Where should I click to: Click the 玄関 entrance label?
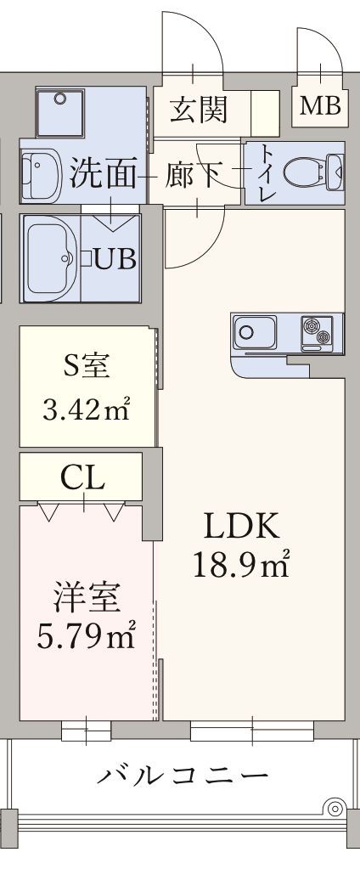(199, 109)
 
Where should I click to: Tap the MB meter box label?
(320, 106)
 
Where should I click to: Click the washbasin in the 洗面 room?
(42, 175)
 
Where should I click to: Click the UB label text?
(115, 259)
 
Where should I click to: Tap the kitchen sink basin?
(255, 332)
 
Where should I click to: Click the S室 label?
(86, 368)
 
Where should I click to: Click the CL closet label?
(83, 477)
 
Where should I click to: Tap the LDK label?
(240, 527)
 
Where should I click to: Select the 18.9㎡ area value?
(241, 565)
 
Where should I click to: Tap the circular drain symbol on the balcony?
(334, 809)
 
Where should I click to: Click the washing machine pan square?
(59, 112)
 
